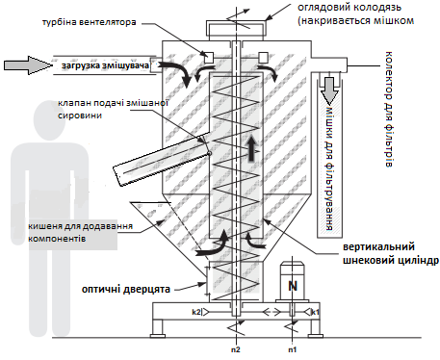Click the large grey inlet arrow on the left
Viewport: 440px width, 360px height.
click(x=28, y=65)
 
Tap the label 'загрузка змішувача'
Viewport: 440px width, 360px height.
click(x=105, y=65)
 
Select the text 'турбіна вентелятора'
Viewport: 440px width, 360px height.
click(x=90, y=22)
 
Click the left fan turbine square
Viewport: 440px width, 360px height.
click(x=209, y=58)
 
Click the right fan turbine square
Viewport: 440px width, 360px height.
click(x=263, y=57)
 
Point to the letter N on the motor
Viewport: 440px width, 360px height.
click(x=293, y=285)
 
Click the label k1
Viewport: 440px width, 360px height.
click(x=315, y=312)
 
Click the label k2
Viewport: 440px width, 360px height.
click(x=196, y=312)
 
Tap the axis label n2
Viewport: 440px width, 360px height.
click(x=236, y=349)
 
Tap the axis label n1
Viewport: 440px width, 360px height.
click(x=292, y=349)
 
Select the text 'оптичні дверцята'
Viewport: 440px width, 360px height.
click(x=126, y=289)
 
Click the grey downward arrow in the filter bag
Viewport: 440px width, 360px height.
click(x=329, y=89)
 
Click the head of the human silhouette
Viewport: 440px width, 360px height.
click(x=49, y=119)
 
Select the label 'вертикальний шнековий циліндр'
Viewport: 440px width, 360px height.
click(x=391, y=253)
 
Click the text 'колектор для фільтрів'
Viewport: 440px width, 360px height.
click(x=388, y=109)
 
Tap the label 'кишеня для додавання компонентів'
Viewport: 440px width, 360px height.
click(x=80, y=232)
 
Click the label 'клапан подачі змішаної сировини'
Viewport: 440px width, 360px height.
click(x=114, y=109)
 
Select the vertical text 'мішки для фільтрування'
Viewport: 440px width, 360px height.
click(x=329, y=168)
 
